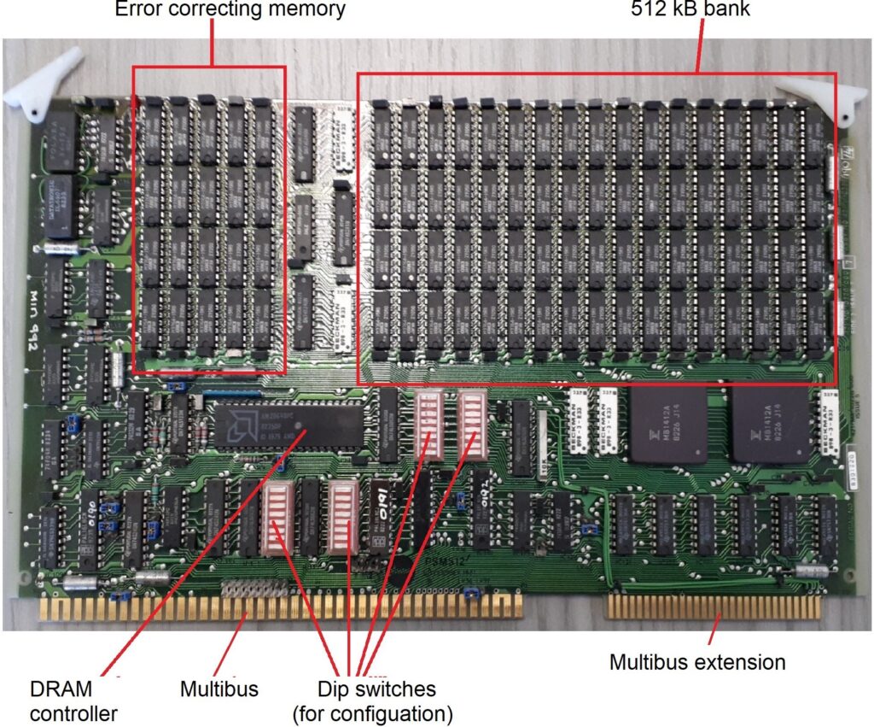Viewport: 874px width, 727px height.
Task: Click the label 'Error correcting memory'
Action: click(x=230, y=10)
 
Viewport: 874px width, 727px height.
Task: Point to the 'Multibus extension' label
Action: click(x=697, y=661)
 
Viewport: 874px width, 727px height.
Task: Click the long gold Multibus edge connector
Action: click(x=282, y=606)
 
